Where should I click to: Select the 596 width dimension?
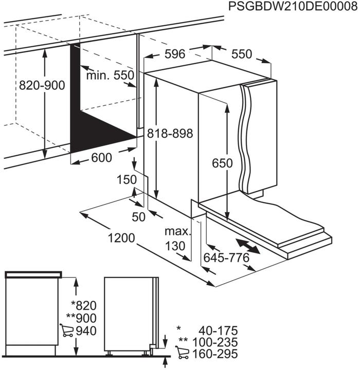175,54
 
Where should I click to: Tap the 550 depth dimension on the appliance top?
241,54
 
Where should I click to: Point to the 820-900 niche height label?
42,85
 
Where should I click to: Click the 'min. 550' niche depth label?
110,76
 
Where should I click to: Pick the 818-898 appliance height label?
169,133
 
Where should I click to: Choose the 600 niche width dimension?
101,158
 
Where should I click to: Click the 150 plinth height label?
126,180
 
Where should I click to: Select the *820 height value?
83,305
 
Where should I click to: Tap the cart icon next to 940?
66,330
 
